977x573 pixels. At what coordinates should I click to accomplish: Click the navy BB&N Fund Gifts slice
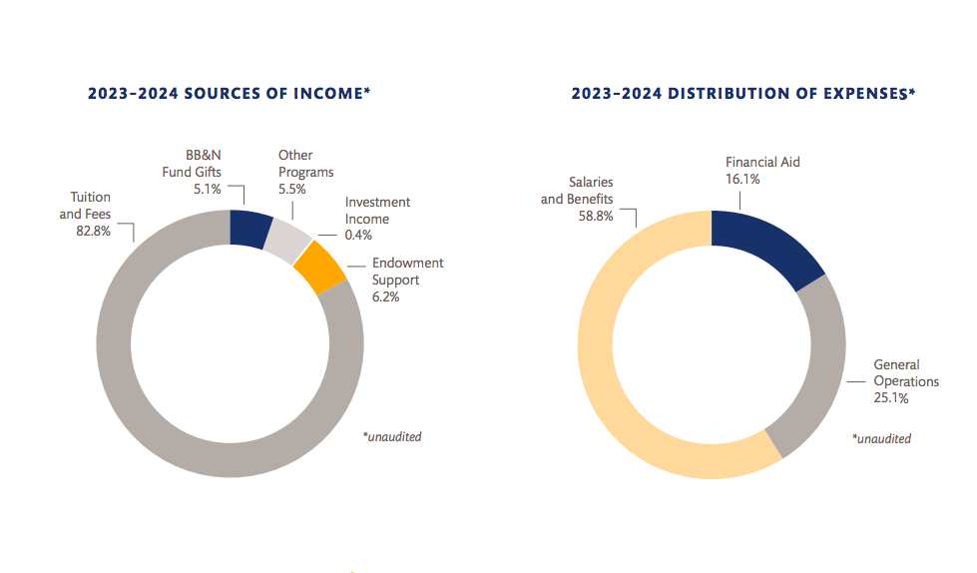coord(250,229)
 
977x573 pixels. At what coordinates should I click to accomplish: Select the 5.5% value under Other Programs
coord(292,188)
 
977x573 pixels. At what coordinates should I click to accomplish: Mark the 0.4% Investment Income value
coord(358,236)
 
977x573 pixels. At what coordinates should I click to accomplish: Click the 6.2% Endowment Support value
coord(385,296)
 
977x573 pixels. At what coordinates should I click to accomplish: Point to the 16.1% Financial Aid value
coord(742,179)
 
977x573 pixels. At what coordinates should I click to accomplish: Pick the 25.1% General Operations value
coord(891,398)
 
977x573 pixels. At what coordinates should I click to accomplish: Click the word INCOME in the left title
coord(327,94)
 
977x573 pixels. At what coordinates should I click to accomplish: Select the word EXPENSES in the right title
coord(861,94)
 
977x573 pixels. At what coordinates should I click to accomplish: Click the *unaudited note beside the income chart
coord(392,437)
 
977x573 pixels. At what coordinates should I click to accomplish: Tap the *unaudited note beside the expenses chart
coord(881,438)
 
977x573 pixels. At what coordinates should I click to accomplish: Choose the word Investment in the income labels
coord(377,203)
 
